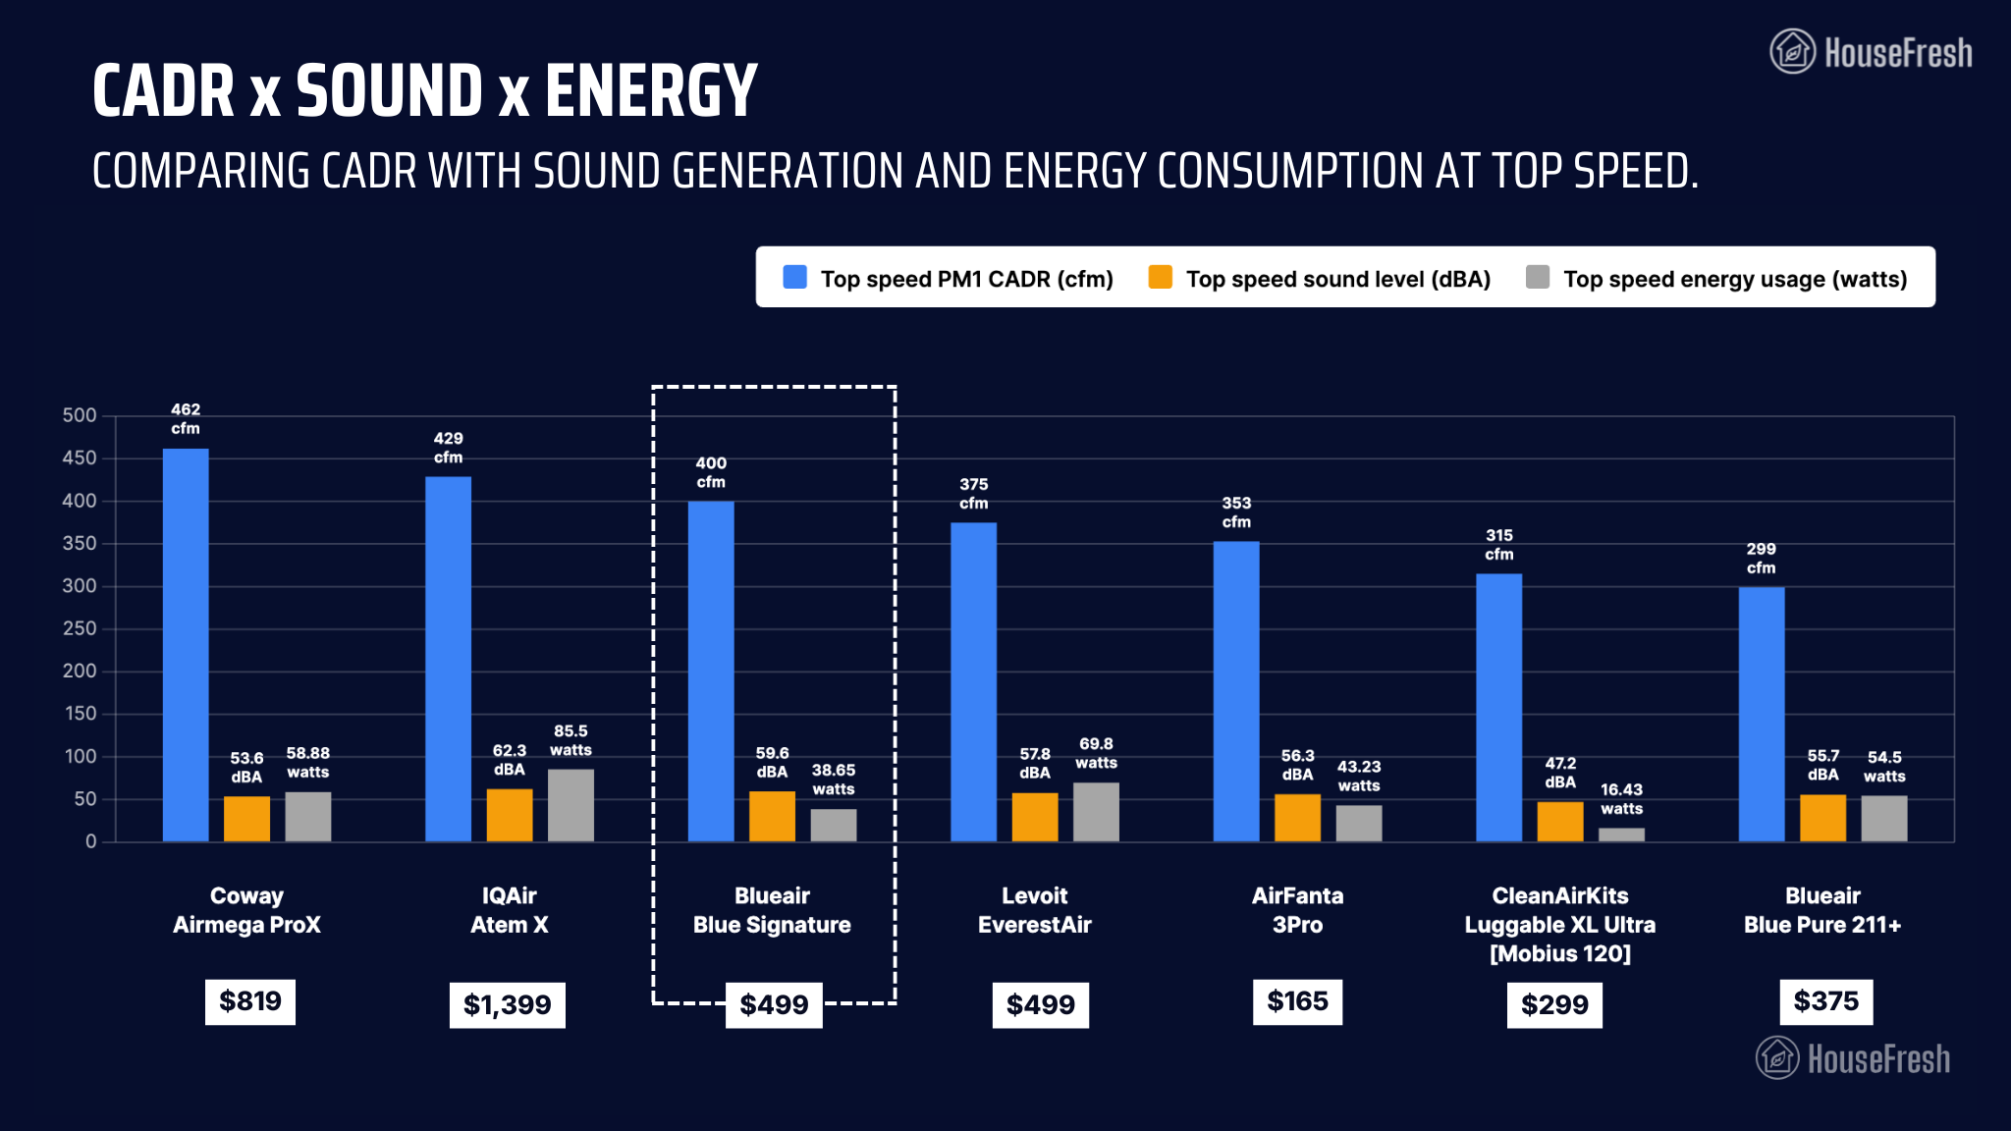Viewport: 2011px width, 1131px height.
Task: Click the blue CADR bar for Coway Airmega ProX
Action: pos(186,645)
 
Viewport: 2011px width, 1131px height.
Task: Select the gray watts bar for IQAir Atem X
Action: pos(571,805)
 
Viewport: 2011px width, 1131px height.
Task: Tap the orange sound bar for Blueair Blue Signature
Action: pos(772,816)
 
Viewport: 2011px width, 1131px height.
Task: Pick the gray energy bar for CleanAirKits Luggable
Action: pos(1621,835)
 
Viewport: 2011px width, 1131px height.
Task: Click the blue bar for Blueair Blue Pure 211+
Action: pos(1762,714)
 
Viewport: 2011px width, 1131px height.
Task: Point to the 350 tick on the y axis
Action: pos(80,543)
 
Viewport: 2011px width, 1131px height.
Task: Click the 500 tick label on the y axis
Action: pos(80,415)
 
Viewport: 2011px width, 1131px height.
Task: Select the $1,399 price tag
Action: pos(507,1004)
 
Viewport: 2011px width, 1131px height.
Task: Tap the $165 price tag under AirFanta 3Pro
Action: pos(1297,1001)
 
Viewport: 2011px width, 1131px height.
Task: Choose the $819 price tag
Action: pos(250,1001)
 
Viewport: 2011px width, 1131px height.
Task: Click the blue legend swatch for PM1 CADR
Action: pos(794,278)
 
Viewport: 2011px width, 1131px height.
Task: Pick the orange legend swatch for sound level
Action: pos(1160,278)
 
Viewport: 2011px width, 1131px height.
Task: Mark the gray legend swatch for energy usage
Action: pos(1538,278)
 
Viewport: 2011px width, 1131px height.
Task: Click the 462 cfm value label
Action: pos(186,419)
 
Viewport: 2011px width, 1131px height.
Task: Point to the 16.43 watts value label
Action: pos(1621,799)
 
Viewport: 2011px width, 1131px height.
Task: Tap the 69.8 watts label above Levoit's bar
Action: pos(1096,753)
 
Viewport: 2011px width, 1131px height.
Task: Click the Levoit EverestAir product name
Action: pos(1034,910)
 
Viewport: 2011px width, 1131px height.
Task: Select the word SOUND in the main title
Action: pos(389,90)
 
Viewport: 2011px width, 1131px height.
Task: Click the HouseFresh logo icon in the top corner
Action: pos(1792,51)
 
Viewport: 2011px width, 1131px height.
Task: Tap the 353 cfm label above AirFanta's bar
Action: pos(1236,512)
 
